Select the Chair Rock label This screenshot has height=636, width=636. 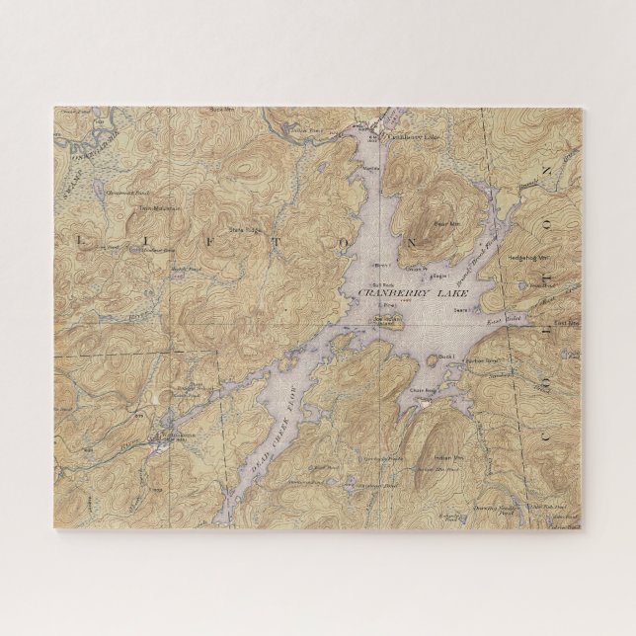pyautogui.click(x=422, y=391)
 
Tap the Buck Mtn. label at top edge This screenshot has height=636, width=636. pyautogui.click(x=220, y=110)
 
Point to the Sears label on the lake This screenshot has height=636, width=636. pyautogui.click(x=460, y=309)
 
